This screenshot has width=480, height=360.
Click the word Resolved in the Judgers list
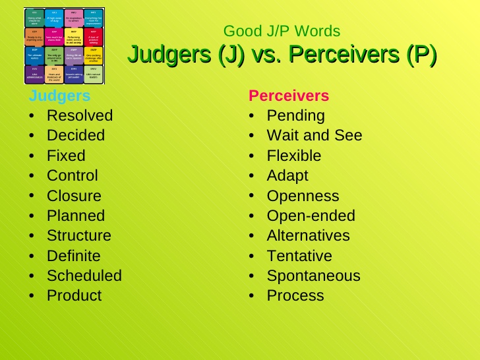79,115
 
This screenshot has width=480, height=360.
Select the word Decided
75,135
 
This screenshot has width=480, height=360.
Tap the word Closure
74,196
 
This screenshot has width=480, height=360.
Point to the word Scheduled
84,276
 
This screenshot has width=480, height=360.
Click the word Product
74,295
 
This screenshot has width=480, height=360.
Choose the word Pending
295,115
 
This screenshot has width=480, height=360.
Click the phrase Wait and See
314,135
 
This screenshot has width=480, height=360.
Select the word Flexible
293,156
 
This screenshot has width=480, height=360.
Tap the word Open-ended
311,216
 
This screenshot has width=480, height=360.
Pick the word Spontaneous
313,276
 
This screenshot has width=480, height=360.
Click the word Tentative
299,256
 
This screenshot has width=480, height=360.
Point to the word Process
295,295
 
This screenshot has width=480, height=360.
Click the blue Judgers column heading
59,96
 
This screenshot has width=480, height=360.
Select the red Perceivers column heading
288,96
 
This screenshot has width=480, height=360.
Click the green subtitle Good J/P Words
282,31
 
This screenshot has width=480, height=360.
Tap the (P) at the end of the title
421,55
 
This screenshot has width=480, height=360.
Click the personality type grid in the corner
64,45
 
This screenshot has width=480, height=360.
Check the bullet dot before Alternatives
253,236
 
